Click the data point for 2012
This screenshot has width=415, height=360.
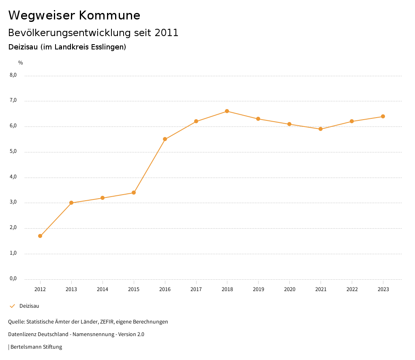point(40,236)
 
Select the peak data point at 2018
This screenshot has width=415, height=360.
point(227,111)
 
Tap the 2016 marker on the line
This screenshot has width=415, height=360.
point(165,139)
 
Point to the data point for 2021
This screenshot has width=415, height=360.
point(321,129)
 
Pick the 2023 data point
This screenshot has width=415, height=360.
point(383,116)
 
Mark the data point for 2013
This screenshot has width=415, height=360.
point(71,203)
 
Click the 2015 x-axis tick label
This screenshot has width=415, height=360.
point(134,289)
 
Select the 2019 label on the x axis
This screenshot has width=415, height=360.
point(258,289)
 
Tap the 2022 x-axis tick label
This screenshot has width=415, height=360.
point(352,289)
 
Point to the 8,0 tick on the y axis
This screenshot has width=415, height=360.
point(13,75)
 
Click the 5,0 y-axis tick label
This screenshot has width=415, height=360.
point(13,152)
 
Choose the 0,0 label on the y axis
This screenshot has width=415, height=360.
point(13,279)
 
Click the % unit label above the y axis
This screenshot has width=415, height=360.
point(21,63)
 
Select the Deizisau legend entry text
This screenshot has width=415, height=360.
point(29,306)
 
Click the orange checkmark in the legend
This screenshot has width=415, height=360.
point(12,306)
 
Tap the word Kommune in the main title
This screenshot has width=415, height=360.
point(109,15)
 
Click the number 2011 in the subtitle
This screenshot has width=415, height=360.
point(167,33)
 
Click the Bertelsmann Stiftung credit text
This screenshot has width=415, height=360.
point(36,347)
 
